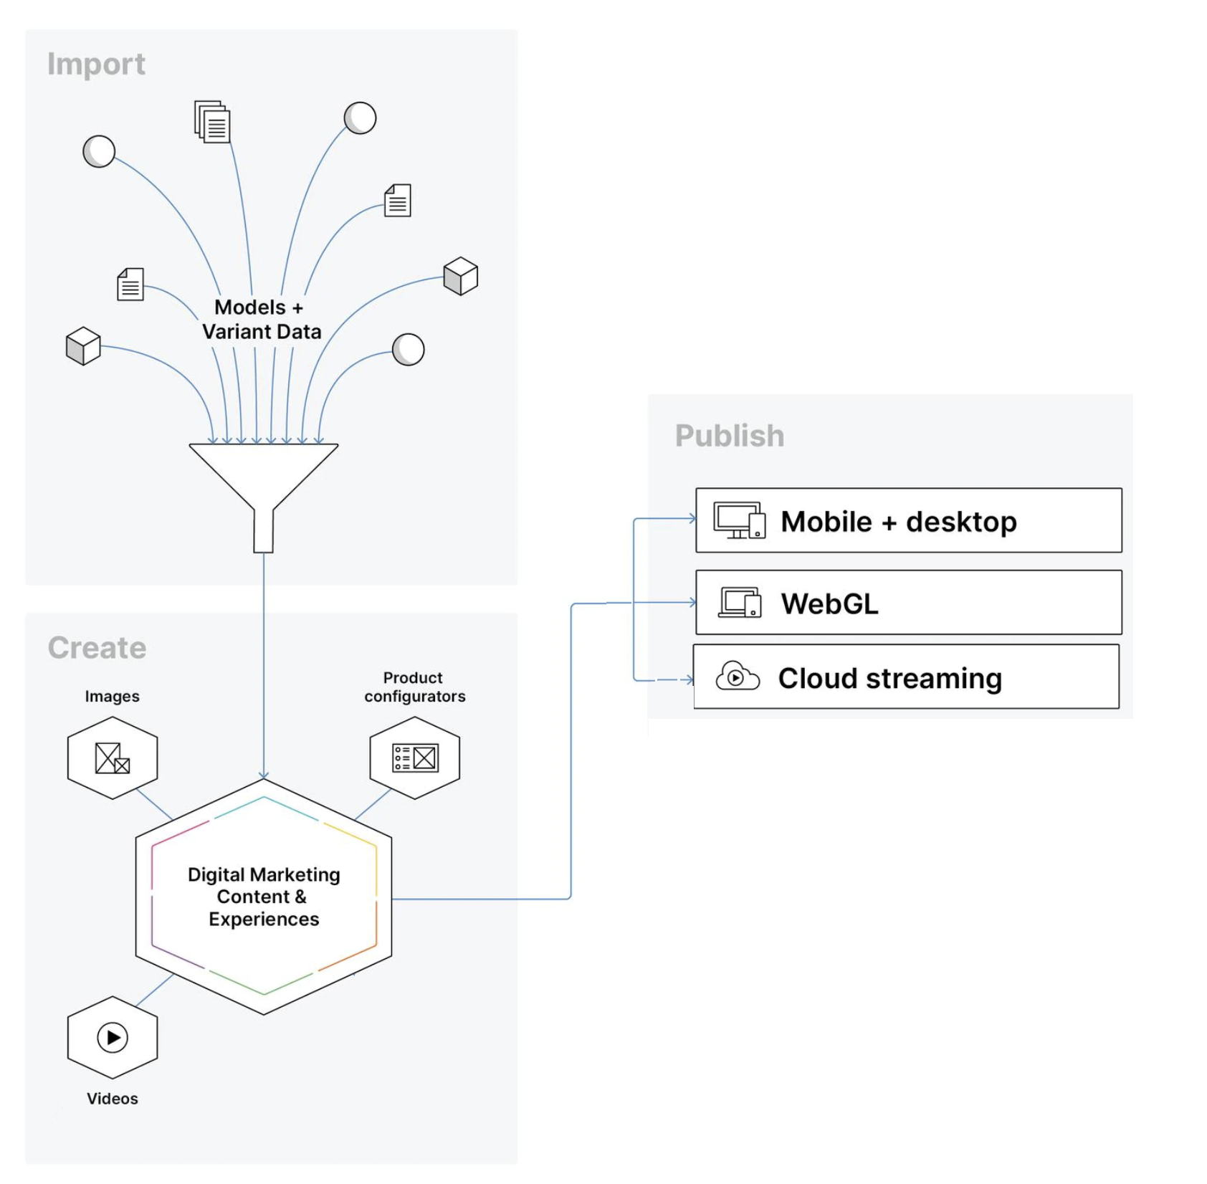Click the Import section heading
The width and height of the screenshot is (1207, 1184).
[96, 65]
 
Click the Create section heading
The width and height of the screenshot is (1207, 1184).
[97, 648]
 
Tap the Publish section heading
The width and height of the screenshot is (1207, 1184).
[729, 436]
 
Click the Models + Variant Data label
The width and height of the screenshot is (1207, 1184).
[261, 320]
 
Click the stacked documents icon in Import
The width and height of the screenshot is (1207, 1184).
[212, 122]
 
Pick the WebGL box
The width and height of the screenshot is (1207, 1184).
[907, 603]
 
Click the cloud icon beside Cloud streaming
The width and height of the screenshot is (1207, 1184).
[737, 677]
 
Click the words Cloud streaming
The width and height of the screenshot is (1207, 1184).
[889, 678]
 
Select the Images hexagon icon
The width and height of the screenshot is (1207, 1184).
[113, 758]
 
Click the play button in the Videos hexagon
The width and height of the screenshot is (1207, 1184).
[113, 1037]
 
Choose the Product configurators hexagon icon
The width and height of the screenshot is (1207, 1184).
[414, 758]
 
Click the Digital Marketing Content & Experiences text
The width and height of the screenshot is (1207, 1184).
[263, 897]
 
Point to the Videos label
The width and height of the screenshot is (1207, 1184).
[112, 1099]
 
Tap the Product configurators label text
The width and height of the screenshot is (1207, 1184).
[414, 687]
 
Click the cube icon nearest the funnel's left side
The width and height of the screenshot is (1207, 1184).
[83, 346]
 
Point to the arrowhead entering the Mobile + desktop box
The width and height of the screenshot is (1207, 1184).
[692, 518]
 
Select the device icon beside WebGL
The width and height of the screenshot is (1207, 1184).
[740, 603]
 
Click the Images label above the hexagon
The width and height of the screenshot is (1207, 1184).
[112, 697]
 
